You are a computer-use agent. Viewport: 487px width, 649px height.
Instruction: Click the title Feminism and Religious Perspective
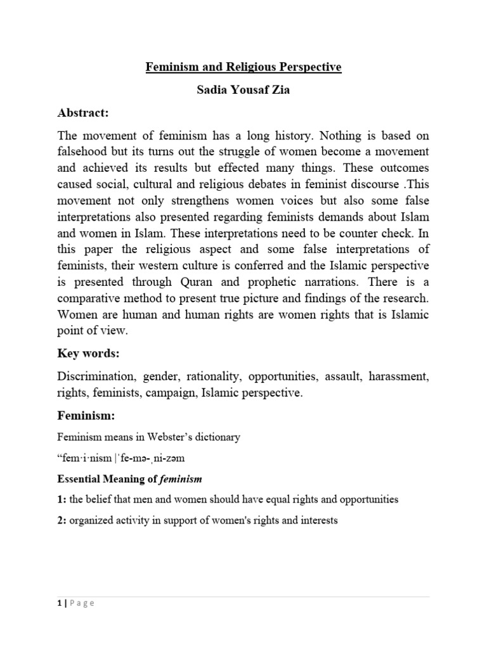click(x=244, y=67)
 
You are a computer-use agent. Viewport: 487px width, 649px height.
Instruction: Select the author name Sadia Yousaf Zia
click(x=244, y=89)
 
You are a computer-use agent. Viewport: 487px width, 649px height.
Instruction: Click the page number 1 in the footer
click(x=59, y=603)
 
